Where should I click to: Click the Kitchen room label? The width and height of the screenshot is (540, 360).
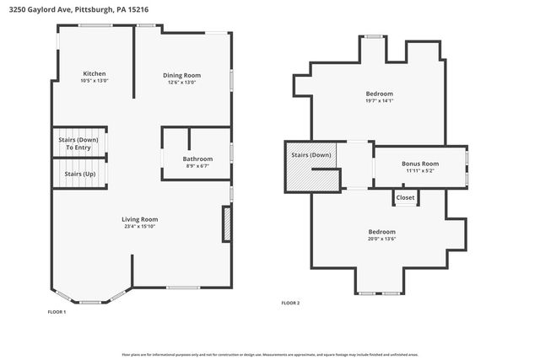(94, 73)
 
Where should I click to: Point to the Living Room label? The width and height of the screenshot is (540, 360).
(140, 219)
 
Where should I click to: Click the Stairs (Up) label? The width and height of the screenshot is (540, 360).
(80, 174)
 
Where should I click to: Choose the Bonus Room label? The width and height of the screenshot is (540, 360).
(419, 163)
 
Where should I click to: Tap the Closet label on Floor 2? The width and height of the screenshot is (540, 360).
(406, 198)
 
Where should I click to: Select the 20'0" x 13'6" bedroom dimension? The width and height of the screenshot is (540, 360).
(381, 239)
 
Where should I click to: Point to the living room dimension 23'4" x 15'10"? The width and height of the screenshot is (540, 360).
(140, 226)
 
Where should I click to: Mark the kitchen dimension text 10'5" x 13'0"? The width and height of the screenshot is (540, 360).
(94, 81)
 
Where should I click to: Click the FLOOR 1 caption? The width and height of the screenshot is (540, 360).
(57, 312)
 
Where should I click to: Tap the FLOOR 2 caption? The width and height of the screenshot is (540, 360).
(290, 303)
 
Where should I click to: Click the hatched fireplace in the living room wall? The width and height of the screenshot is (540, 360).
(226, 225)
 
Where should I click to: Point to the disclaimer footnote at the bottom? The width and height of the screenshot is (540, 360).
(270, 355)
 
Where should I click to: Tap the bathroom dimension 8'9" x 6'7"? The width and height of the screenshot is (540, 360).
(197, 166)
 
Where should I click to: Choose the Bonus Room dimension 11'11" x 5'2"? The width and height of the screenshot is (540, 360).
(419, 170)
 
